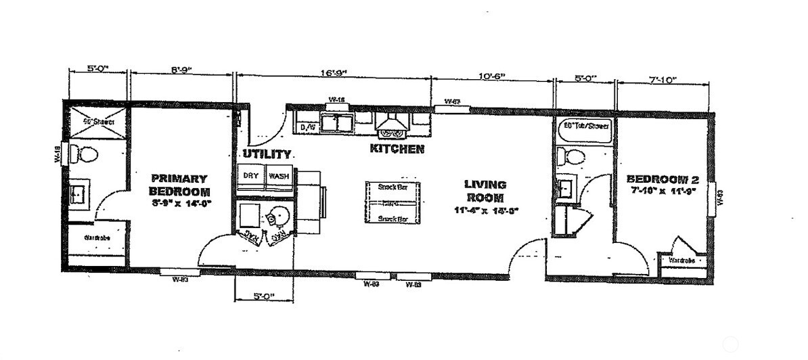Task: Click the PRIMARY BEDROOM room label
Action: pyautogui.click(x=178, y=185)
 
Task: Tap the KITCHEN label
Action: pyautogui.click(x=397, y=149)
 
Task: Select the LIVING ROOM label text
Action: pyautogui.click(x=485, y=191)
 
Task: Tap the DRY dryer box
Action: pyautogui.click(x=250, y=176)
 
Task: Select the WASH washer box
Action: pyautogui.click(x=279, y=176)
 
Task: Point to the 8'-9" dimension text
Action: pyautogui.click(x=181, y=69)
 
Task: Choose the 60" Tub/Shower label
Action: pyautogui.click(x=586, y=126)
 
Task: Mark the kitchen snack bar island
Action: pyautogui.click(x=392, y=202)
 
